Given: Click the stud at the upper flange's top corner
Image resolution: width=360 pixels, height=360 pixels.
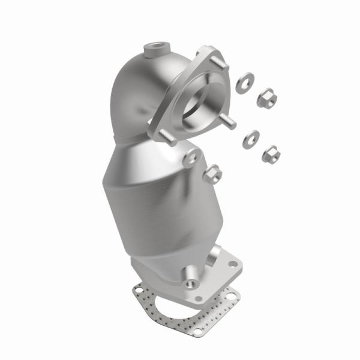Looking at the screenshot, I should tap(211, 49).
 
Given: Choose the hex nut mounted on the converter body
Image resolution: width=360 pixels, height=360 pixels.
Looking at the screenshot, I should tap(213, 174).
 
